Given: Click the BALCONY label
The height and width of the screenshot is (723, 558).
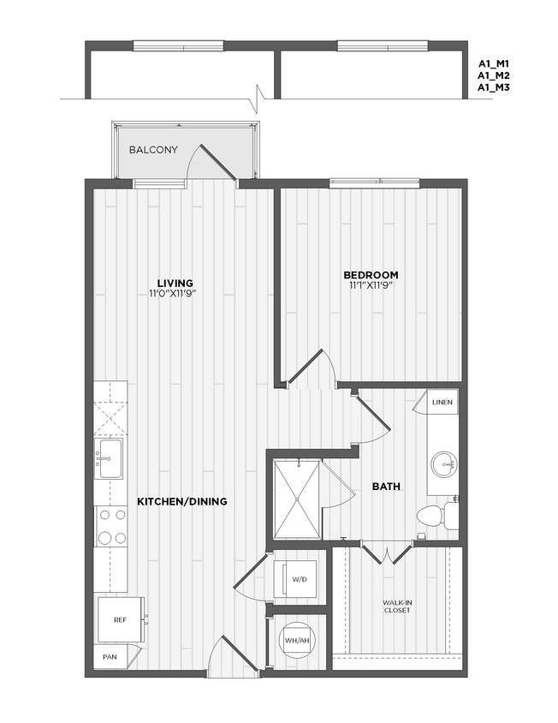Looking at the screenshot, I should tap(153, 150).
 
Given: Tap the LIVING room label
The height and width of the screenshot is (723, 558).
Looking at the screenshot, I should tap(175, 283).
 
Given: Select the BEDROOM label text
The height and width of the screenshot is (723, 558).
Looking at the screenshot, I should tap(371, 275).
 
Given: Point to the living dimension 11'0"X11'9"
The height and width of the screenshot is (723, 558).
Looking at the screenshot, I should tap(175, 294).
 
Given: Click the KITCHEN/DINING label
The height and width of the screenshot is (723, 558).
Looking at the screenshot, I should tap(182, 501).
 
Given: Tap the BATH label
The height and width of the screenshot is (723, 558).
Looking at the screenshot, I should tap(387, 487).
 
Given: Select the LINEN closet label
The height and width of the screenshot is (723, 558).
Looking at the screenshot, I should tap(442, 402).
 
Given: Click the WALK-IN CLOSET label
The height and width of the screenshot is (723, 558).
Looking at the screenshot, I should tap(397, 607).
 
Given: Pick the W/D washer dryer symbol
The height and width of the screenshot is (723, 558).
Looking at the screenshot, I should tap(299, 580).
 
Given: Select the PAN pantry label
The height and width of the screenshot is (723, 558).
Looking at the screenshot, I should tap(109, 658).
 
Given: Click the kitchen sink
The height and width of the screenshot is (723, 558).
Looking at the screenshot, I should tap(110, 459).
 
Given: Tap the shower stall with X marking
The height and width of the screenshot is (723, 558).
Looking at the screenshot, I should tap(296, 499).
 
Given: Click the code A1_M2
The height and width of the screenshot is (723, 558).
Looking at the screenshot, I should tap(494, 75).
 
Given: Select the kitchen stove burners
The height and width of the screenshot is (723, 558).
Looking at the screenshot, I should tap(110, 526).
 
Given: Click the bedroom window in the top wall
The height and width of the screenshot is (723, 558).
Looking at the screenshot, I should tap(374, 182).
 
